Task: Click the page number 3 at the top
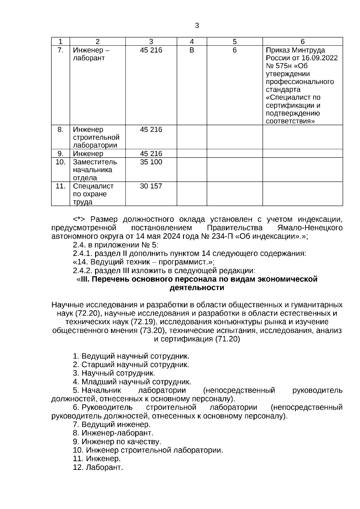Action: pos(197,26)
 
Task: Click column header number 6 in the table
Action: pos(302,42)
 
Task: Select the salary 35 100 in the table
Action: pos(151,162)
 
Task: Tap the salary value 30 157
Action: pos(151,186)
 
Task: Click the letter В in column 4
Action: pos(192,50)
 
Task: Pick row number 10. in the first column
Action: pos(61,162)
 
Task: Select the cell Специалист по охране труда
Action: pos(93,194)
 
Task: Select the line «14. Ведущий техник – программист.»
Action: pos(143,262)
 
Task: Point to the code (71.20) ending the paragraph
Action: pos(227,339)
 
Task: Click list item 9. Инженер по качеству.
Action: pos(117,442)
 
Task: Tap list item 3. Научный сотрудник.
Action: pos(114,373)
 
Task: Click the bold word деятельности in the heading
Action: pos(197,288)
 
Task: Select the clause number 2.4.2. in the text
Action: pos(83,271)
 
